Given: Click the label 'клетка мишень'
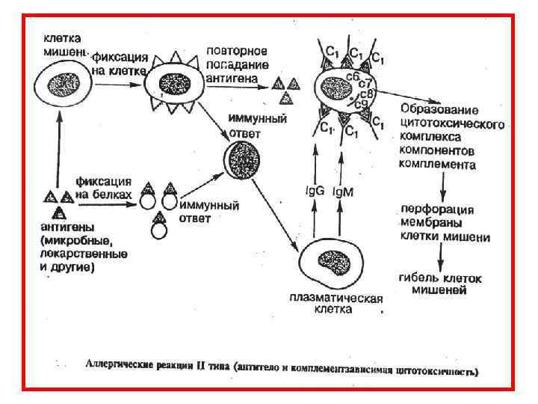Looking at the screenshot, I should [x=63, y=43].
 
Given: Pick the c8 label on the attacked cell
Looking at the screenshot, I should [x=366, y=95].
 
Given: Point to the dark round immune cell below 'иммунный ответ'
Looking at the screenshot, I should [x=243, y=158].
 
